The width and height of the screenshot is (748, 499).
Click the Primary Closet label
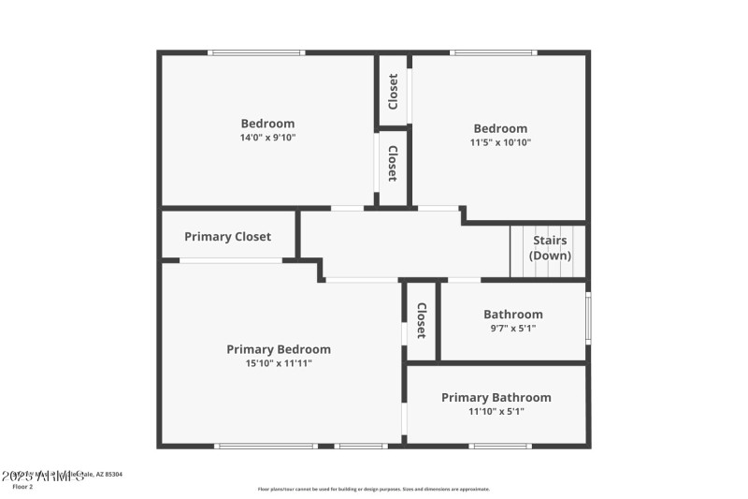pos(227,237)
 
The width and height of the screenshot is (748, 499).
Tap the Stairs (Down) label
pos(550,248)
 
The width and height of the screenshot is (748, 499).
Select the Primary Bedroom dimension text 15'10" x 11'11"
pos(278,363)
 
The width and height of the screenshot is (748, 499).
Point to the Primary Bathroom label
pos(496,398)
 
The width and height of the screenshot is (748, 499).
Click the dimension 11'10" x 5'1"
pos(496,412)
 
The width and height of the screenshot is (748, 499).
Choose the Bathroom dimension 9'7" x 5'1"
pos(512,329)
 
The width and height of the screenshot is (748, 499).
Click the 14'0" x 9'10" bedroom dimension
pos(267,138)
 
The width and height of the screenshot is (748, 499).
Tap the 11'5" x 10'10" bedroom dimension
pos(500,143)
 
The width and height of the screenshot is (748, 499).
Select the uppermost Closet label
pos(394,90)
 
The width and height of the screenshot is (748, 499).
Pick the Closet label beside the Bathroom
pos(422,320)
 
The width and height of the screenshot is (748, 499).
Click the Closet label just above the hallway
pos(394,164)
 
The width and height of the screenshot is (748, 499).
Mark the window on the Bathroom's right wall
pos(588,319)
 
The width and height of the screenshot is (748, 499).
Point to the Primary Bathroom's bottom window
pos(500,446)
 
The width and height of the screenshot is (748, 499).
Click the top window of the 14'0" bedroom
pos(256,53)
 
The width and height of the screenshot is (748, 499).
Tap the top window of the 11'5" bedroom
pos(494,53)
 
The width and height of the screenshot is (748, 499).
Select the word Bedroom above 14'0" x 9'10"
pos(267,124)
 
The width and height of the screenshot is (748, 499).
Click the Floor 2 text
pos(22,487)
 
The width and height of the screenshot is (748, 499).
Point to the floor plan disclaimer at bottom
pos(373,489)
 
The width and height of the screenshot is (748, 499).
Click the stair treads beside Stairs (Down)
pos(521,252)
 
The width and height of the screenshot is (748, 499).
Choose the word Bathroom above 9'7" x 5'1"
pos(512,315)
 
